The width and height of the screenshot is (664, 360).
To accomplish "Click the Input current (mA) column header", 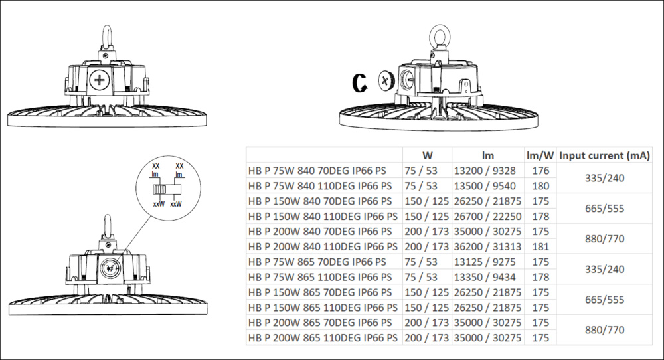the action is pyautogui.click(x=604, y=155).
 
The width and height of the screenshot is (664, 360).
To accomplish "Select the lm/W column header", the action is pyautogui.click(x=540, y=155).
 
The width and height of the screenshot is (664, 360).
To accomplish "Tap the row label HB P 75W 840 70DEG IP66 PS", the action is pyautogui.click(x=317, y=171).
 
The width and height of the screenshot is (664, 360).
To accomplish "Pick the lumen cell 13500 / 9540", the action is pyautogui.click(x=485, y=186).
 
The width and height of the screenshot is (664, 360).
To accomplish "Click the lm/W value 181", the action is pyautogui.click(x=540, y=246).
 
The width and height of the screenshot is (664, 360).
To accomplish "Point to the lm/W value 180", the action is pyautogui.click(x=540, y=186).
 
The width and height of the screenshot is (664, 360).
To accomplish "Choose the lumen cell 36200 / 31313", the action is pyautogui.click(x=487, y=246).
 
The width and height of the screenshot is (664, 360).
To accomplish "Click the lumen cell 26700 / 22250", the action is pyautogui.click(x=487, y=217).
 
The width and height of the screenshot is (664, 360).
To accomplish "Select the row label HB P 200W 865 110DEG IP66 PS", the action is pyautogui.click(x=323, y=338).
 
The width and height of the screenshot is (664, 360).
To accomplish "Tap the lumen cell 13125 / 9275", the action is pyautogui.click(x=485, y=262).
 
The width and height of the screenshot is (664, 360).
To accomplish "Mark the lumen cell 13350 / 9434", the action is pyautogui.click(x=485, y=277).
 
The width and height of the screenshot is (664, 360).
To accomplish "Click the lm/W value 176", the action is pyautogui.click(x=540, y=171).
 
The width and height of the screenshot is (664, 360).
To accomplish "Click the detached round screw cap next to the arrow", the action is pyautogui.click(x=385, y=80).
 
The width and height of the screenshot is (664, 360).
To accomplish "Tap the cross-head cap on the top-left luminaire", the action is pyautogui.click(x=100, y=80).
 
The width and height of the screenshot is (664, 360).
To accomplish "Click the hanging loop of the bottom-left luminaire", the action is pyautogui.click(x=104, y=226).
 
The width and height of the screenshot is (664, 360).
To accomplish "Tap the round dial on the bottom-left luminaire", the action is pyautogui.click(x=109, y=268).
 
